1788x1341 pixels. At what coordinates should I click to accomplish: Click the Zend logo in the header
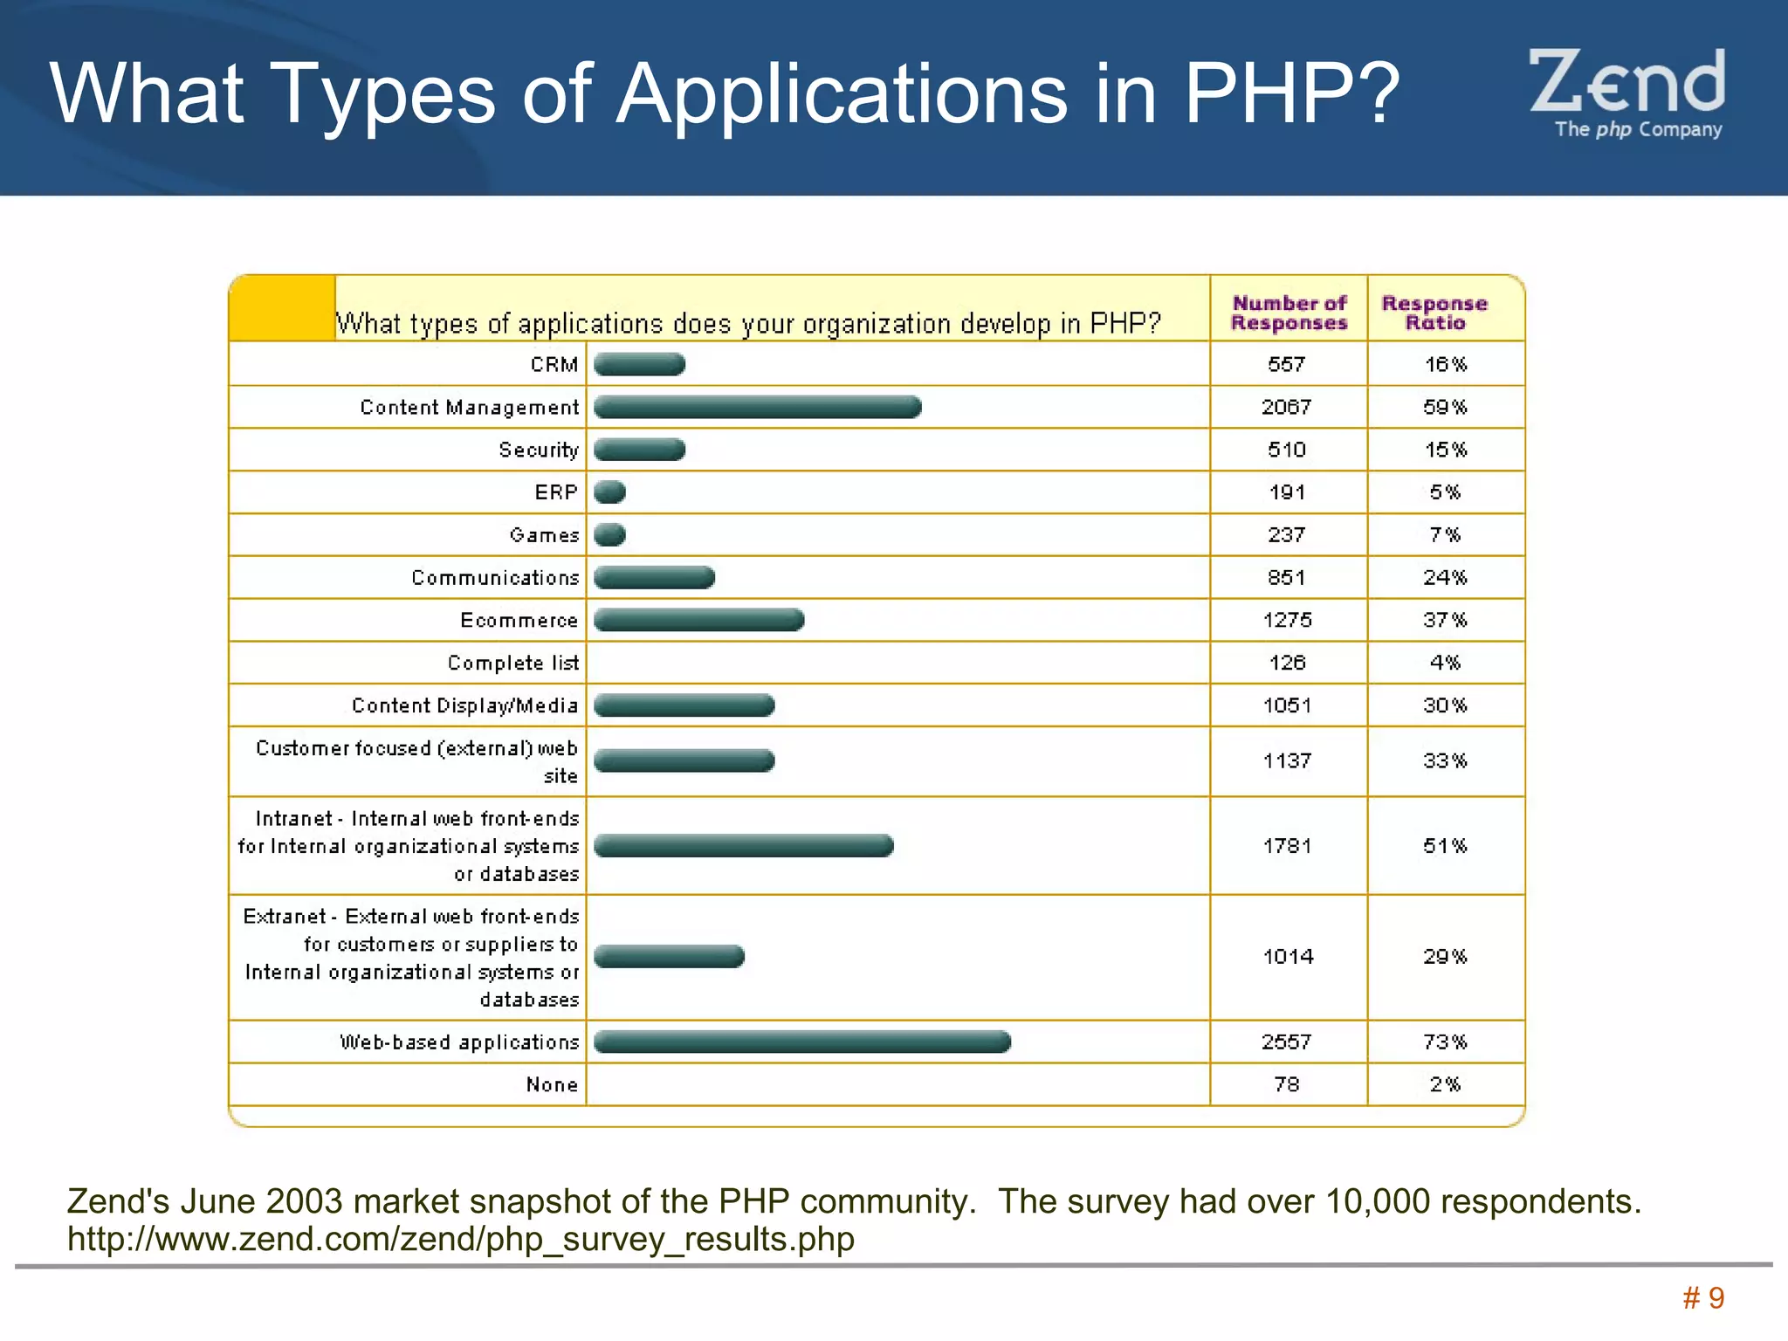tap(1626, 93)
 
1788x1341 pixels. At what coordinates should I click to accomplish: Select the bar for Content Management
tap(757, 407)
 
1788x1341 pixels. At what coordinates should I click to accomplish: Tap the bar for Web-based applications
tap(801, 1042)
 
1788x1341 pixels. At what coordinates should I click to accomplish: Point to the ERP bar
tap(609, 492)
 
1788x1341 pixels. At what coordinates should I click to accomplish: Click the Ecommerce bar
tap(698, 620)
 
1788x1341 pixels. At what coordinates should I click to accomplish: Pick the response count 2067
tap(1286, 407)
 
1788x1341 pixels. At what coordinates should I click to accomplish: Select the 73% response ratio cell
tap(1445, 1042)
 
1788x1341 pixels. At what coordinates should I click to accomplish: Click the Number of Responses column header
tap(1289, 313)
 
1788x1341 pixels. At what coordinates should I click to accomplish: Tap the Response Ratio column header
tap(1434, 313)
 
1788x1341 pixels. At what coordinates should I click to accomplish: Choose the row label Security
tap(539, 450)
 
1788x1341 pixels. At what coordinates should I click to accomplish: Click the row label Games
tap(544, 535)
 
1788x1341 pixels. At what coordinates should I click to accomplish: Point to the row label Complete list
tap(512, 663)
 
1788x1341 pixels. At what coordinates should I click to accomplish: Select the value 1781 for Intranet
tap(1287, 846)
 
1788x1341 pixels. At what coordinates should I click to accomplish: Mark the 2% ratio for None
tap(1445, 1084)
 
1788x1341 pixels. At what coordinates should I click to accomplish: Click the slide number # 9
tap(1703, 1298)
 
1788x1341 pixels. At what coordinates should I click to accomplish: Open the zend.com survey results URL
tap(461, 1240)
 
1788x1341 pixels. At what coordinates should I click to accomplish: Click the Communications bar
tap(654, 577)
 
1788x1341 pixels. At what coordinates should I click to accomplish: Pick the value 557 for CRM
tap(1286, 364)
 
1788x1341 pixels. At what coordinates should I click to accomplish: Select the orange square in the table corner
tap(281, 307)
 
